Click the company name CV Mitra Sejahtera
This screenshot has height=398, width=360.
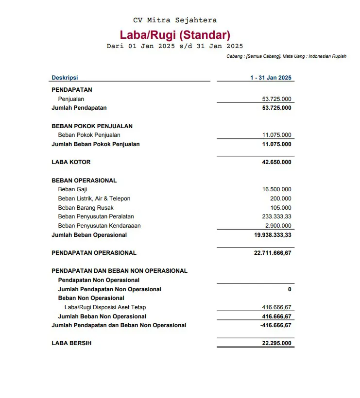point(175,20)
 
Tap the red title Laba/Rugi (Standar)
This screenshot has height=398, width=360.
point(175,35)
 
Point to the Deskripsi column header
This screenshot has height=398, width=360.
point(65,78)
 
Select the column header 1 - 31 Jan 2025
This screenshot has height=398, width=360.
point(271,78)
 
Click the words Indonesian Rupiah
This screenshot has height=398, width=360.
point(327,57)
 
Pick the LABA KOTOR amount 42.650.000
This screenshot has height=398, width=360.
point(276,162)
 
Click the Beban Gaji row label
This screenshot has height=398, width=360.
point(72,189)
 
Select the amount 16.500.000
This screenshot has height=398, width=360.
point(276,189)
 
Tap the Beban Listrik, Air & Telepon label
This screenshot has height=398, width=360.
point(94,199)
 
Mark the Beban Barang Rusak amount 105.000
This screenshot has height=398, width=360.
point(281,208)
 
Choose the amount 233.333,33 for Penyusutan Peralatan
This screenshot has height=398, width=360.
point(276,216)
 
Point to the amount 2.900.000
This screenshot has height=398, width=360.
point(278,226)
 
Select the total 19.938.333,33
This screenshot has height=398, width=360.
point(273,235)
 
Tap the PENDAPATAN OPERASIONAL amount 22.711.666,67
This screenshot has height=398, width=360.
point(273,253)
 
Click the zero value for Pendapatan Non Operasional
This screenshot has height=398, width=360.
point(290,289)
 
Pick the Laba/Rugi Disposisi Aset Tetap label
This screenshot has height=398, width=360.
point(105,307)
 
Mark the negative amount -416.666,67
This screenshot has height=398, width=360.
point(275,325)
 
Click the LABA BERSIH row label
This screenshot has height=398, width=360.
point(71,343)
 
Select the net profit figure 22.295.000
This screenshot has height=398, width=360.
point(276,343)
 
